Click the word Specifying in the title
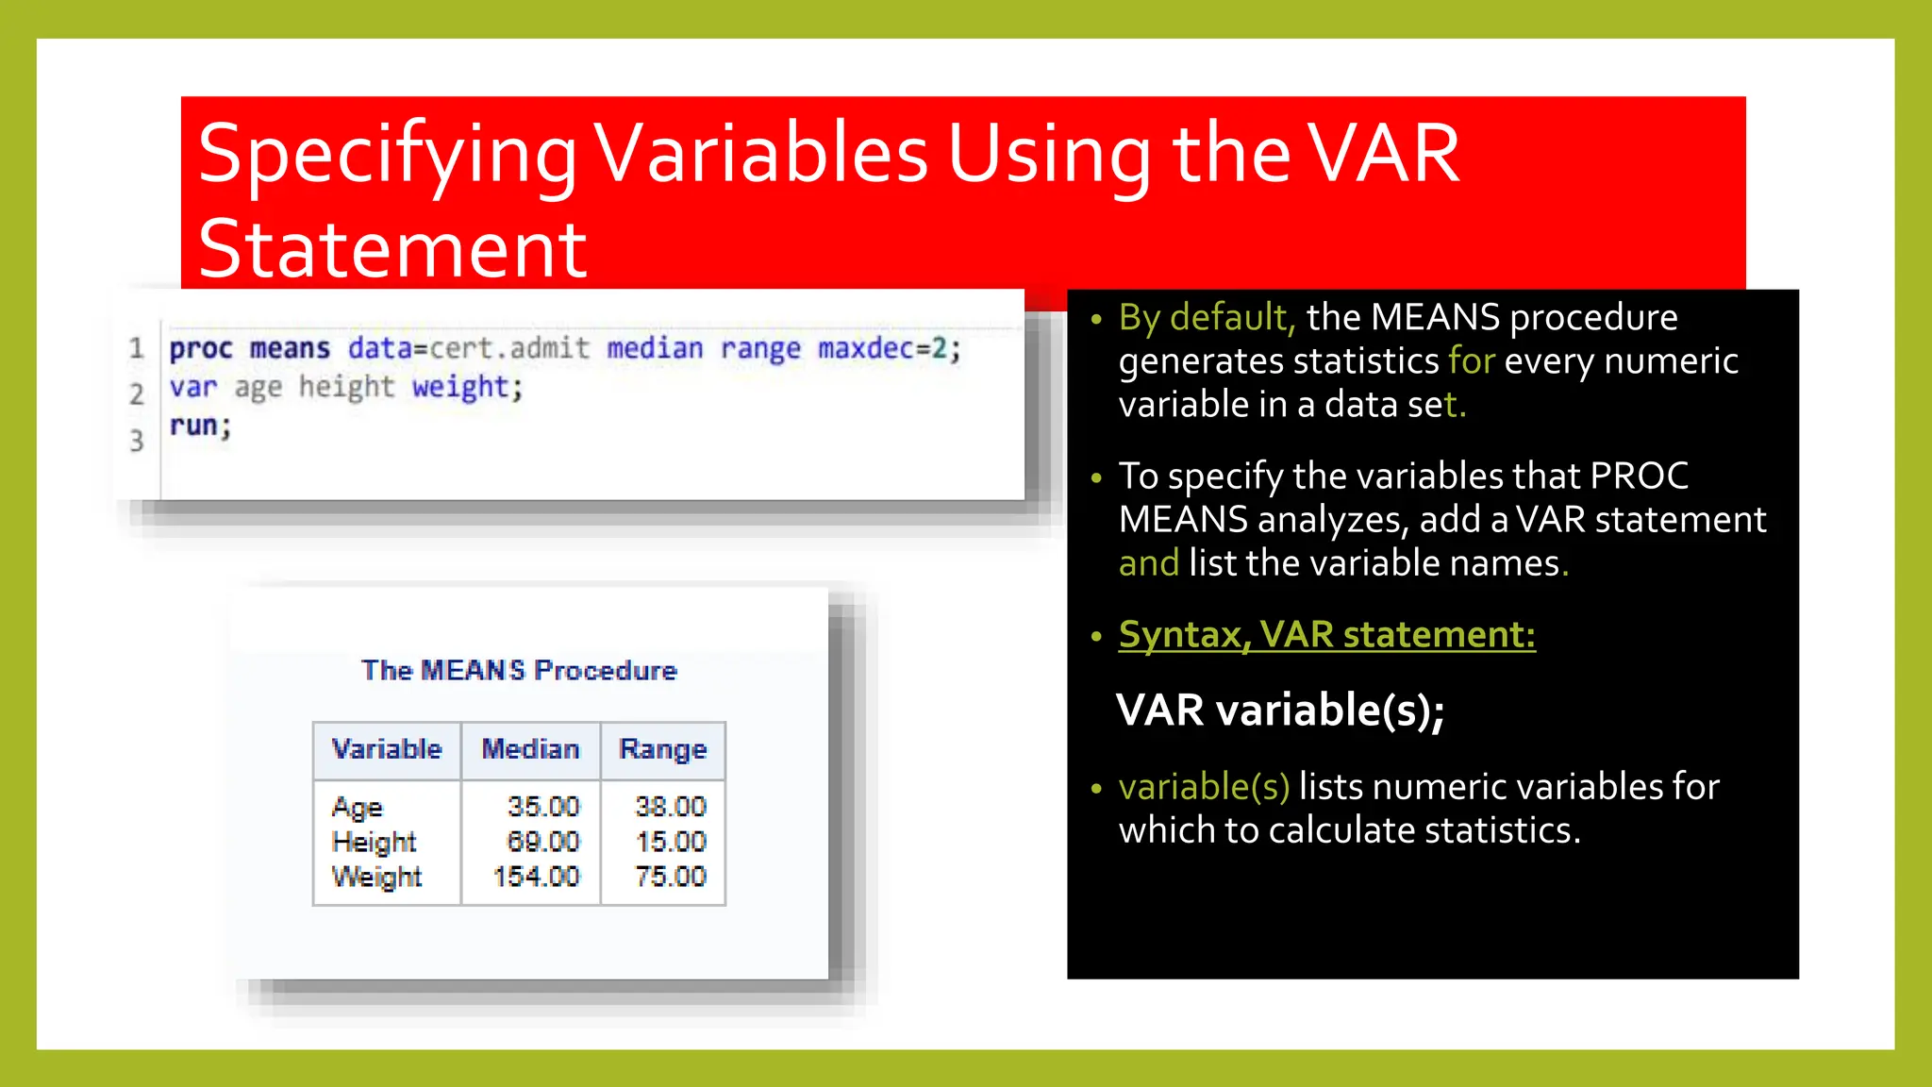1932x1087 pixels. click(x=387, y=156)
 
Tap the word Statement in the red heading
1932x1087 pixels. click(x=392, y=249)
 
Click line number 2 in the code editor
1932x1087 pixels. click(x=137, y=393)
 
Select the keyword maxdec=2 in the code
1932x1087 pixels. click(x=889, y=348)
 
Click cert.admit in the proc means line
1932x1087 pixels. click(x=509, y=348)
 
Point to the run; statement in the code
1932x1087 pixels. click(x=200, y=426)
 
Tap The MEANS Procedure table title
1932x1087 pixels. click(x=519, y=670)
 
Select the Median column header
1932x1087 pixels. click(x=530, y=749)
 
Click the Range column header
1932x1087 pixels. click(x=662, y=749)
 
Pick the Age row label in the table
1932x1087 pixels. click(x=357, y=808)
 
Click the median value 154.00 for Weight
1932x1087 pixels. click(x=536, y=877)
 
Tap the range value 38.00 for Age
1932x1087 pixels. click(x=670, y=807)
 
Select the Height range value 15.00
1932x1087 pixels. click(x=670, y=842)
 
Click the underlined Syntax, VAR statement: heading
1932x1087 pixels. click(x=1326, y=634)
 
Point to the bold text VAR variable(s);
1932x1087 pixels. click(x=1279, y=711)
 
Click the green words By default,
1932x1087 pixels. click(x=1207, y=317)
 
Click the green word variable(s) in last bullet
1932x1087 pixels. click(x=1204, y=786)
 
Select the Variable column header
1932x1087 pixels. click(x=387, y=749)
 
